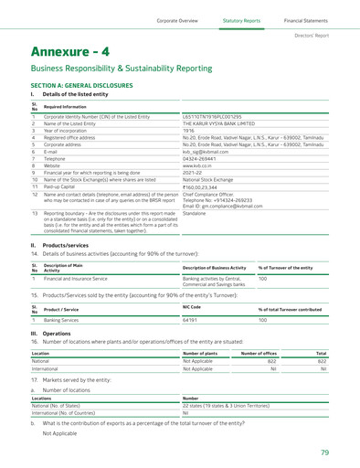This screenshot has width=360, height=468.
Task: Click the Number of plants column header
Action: coord(204,352)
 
